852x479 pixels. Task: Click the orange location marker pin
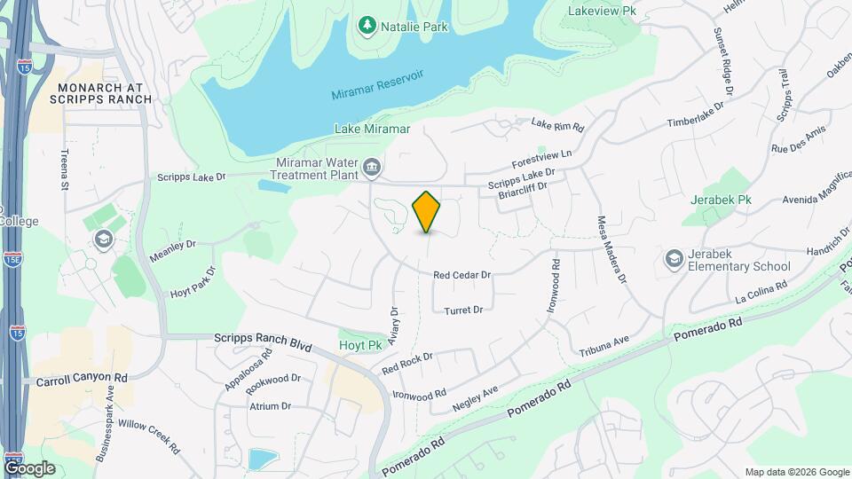[427, 211]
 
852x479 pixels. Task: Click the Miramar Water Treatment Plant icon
[374, 167]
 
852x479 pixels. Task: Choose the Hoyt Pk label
[359, 344]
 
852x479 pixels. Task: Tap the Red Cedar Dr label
[461, 275]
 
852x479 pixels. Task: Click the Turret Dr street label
[463, 310]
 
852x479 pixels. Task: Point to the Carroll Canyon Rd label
[82, 378]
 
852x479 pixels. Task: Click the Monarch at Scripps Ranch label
[104, 93]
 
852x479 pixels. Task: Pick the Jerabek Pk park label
[721, 200]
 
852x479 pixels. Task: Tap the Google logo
[28, 467]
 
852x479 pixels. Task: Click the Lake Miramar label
[372, 129]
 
